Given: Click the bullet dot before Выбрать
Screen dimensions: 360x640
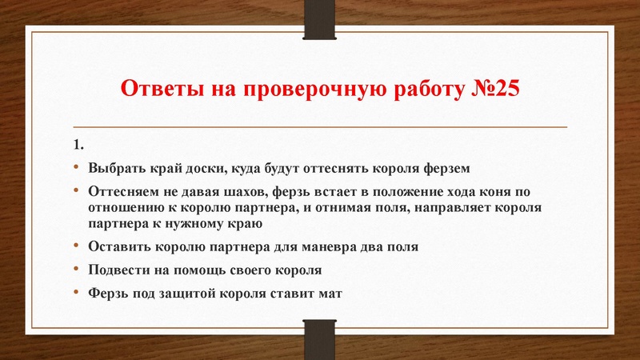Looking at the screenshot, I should (x=77, y=169).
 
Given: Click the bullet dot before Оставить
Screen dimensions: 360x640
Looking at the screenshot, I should (x=77, y=246).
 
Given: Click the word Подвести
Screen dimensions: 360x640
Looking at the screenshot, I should (x=119, y=270).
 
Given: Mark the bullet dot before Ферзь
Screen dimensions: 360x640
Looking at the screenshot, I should (x=77, y=293).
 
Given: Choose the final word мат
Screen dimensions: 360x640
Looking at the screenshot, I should (x=329, y=293).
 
